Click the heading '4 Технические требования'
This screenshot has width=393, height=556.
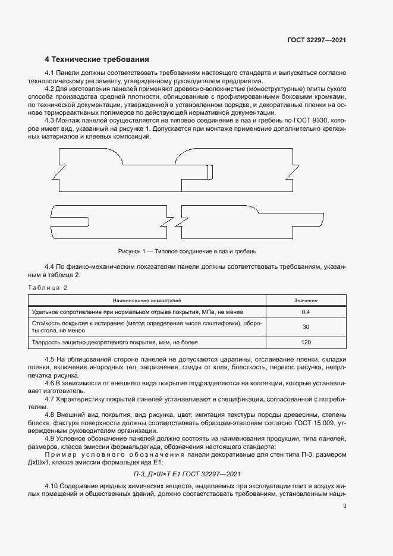[97, 59]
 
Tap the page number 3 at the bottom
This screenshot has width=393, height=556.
[345, 506]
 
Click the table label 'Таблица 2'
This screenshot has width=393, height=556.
[48, 288]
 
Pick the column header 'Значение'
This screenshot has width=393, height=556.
[306, 300]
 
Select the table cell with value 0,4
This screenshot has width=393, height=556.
[306, 312]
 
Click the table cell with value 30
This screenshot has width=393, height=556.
[306, 327]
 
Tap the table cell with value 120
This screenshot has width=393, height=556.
[306, 343]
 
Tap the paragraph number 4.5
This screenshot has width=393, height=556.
[51, 360]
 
